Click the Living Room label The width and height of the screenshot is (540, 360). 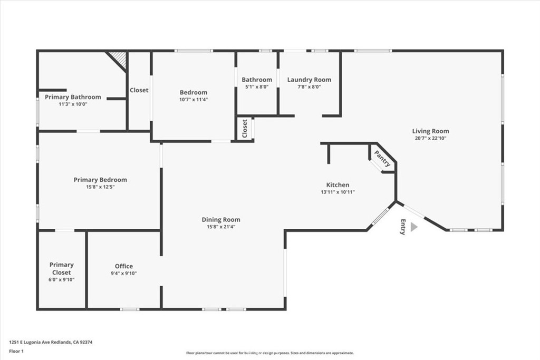coord(430,131)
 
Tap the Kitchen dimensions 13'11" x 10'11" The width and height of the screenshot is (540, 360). coord(337,192)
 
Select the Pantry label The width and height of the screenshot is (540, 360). coord(383,159)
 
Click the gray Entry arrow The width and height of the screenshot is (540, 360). coord(414,227)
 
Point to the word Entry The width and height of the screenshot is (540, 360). coord(403,227)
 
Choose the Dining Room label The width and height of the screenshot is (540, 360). coord(221,220)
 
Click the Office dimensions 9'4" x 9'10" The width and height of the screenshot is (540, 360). coord(123,273)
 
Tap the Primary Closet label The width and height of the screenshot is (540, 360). coord(62,268)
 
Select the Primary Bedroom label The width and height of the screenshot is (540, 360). coord(100,180)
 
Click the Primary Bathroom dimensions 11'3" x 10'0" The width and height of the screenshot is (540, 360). coord(73,104)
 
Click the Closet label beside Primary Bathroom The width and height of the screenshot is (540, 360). coord(139,90)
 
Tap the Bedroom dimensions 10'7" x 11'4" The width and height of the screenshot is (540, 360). coord(194,100)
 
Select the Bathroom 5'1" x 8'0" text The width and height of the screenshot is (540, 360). coord(257,83)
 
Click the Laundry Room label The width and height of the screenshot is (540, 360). coord(309,80)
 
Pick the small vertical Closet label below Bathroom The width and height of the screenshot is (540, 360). coord(245,129)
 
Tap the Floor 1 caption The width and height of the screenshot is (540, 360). coord(16,352)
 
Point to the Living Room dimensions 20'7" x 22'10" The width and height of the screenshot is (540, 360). coord(430,138)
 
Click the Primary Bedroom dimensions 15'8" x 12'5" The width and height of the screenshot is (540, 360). coord(100,187)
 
